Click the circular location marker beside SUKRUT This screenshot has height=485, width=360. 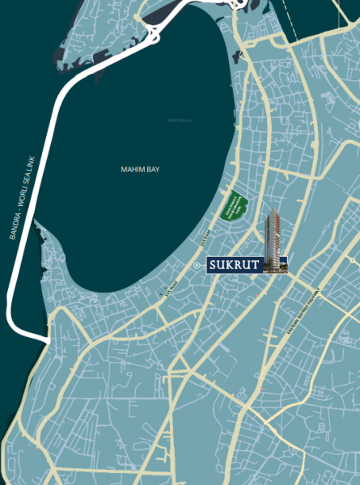[x=197, y=265]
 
